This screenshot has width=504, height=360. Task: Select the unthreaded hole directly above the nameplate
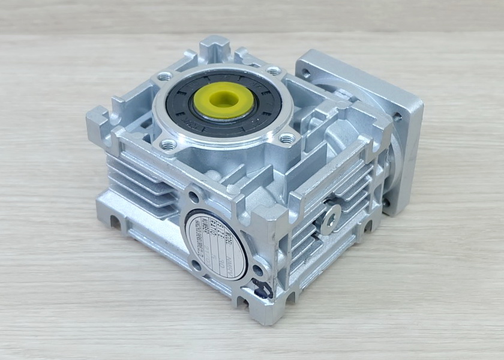pyautogui.click(x=194, y=196)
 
